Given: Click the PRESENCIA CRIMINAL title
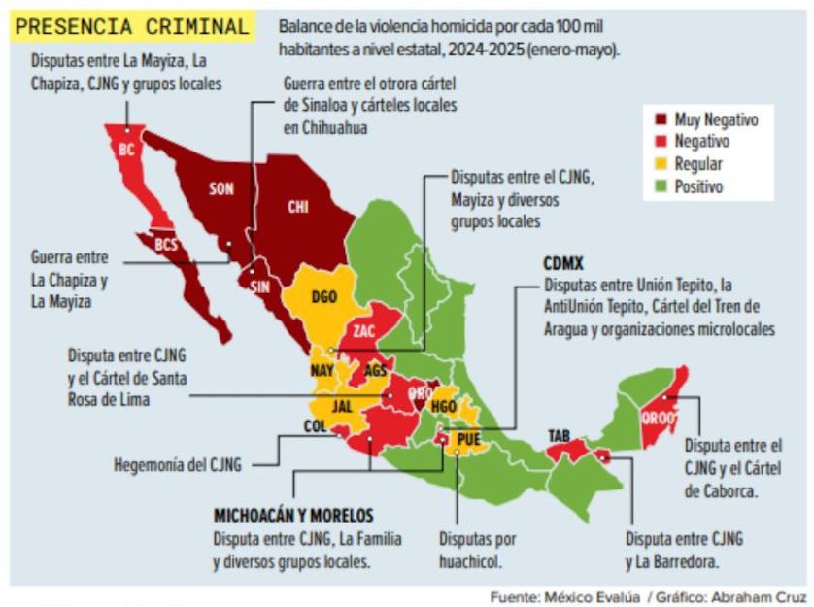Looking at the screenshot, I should click(131, 27).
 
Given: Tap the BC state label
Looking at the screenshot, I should click(126, 151).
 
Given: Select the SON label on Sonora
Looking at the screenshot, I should click(221, 188).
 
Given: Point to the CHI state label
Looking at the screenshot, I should click(297, 207).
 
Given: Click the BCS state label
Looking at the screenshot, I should click(167, 245).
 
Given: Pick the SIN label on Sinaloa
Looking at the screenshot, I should click(259, 287).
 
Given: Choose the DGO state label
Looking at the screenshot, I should click(324, 297).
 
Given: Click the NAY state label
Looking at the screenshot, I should click(323, 370).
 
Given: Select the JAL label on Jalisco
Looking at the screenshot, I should click(342, 407).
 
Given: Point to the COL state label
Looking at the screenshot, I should click(315, 425).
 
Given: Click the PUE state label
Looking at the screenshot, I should click(469, 439).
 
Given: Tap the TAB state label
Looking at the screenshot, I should click(559, 435).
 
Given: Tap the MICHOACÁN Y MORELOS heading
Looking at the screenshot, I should click(293, 516).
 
